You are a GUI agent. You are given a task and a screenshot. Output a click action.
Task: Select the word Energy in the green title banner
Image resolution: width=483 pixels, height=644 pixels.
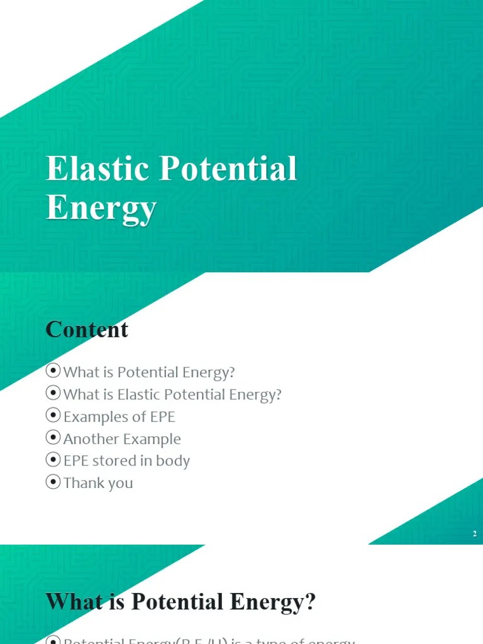(101, 209)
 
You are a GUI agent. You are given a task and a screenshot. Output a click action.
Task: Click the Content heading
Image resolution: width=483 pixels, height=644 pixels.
(87, 330)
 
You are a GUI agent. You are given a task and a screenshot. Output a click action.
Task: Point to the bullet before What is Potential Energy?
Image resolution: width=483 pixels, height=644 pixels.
(53, 371)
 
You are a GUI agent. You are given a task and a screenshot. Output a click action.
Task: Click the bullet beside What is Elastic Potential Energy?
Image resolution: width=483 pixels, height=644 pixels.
(53, 394)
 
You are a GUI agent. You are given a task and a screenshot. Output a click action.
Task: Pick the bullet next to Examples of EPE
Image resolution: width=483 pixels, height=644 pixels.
(53, 416)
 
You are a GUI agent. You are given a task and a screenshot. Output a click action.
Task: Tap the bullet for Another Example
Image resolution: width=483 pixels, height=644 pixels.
(53, 438)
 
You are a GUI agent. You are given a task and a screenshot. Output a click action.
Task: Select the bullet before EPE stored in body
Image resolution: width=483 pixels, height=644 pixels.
(53, 460)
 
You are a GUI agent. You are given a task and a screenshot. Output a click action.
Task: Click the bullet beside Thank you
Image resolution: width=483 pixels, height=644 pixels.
(53, 482)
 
